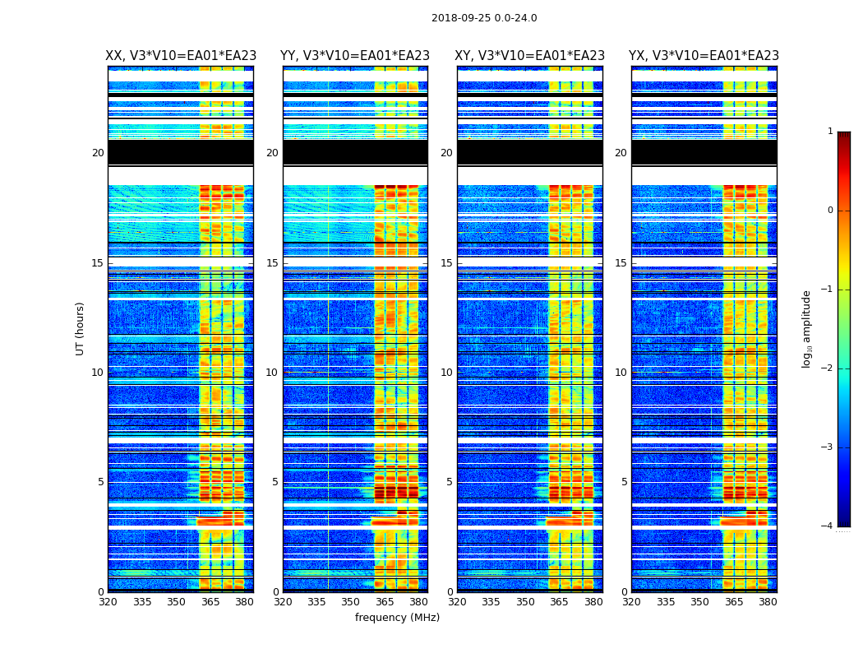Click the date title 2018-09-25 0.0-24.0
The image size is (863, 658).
point(484,18)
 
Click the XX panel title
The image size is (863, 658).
point(181,56)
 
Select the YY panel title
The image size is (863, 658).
point(355,56)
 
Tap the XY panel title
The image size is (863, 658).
point(530,56)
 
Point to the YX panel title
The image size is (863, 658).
point(704,56)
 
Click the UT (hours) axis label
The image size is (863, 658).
point(81,328)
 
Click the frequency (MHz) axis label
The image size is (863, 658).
point(397,618)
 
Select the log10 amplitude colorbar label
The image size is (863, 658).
point(807,328)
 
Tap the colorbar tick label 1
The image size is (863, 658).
point(829,132)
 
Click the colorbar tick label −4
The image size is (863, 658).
point(827,526)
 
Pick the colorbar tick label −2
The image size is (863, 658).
point(827,368)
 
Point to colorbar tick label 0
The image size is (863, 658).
point(829,211)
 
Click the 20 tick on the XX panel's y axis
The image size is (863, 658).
point(98,153)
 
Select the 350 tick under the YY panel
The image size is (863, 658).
point(351,602)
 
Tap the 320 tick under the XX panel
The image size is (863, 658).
point(108,602)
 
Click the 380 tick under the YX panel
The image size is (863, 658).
point(768,602)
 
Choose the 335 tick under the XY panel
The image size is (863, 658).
point(491,602)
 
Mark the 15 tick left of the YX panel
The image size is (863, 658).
point(621,263)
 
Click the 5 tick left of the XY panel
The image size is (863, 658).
point(450,482)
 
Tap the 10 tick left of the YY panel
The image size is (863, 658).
point(272,373)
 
